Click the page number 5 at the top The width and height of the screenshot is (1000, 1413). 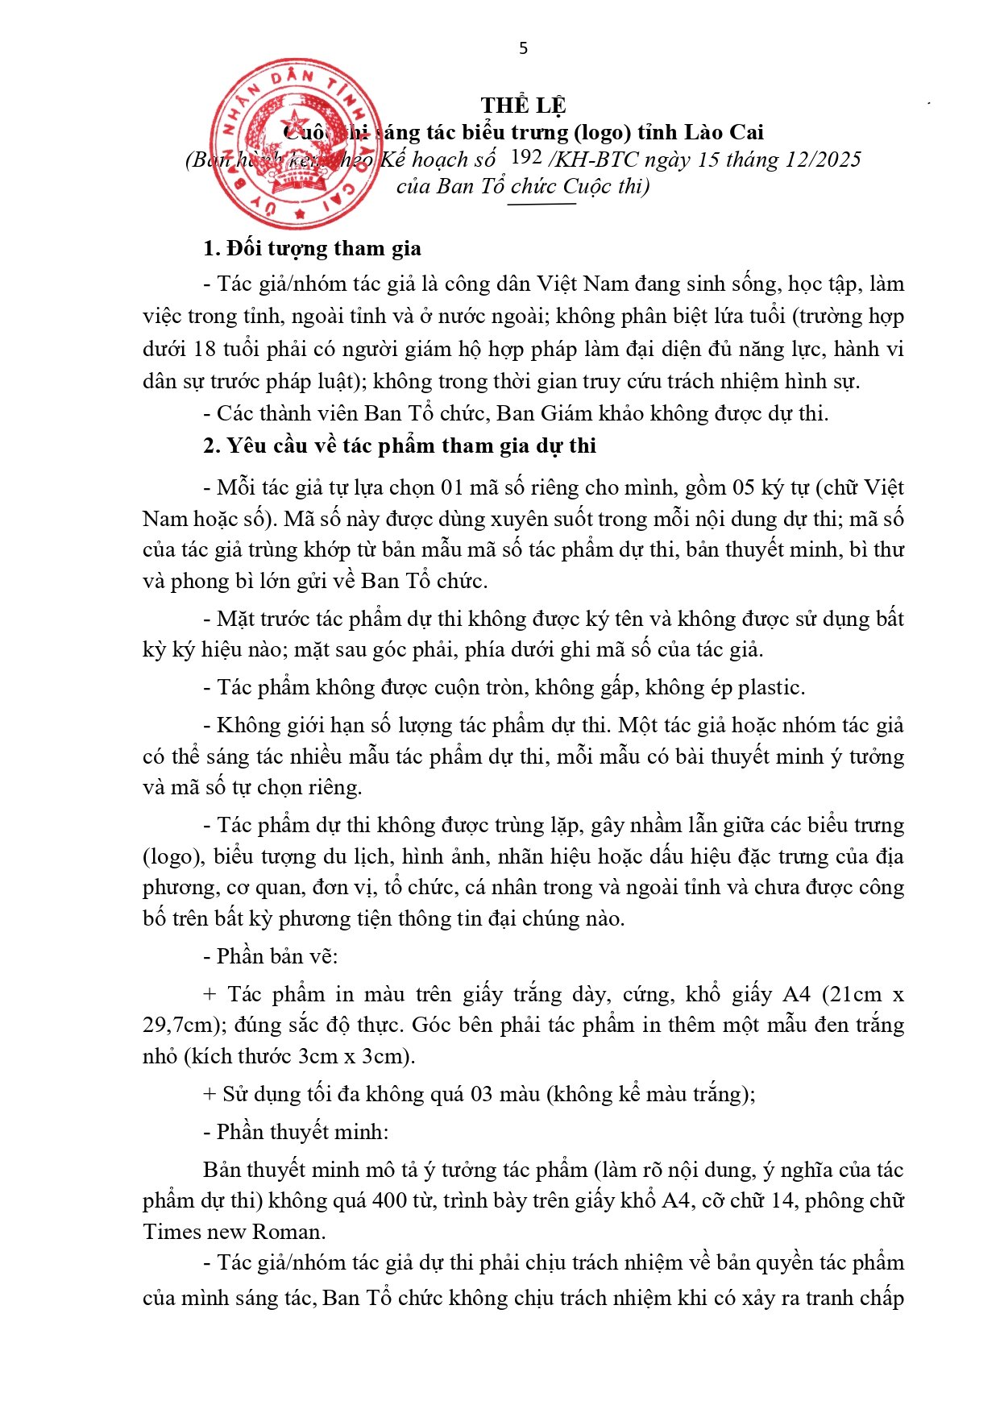(x=523, y=48)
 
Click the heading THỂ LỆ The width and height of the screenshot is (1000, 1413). (x=523, y=106)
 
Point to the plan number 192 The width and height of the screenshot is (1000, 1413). (x=526, y=158)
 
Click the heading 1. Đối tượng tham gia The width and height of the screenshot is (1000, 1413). (x=312, y=248)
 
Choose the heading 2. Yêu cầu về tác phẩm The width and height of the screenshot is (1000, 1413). (x=400, y=445)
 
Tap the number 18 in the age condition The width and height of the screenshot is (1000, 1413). (x=205, y=349)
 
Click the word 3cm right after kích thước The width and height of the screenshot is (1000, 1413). (x=315, y=1056)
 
